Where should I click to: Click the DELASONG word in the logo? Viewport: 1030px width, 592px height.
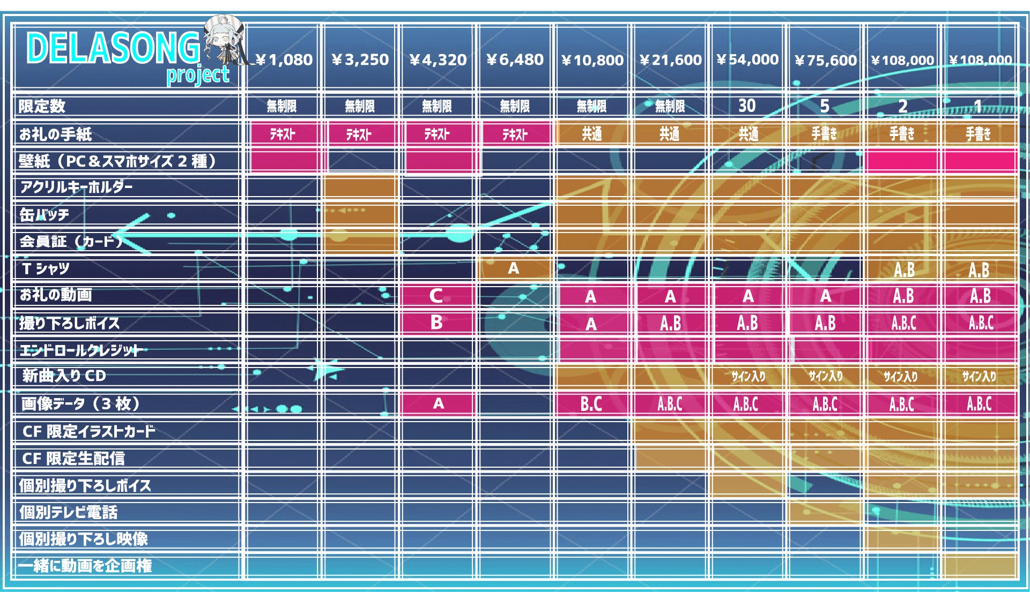[x=113, y=48]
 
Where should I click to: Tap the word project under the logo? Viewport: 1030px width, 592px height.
[x=197, y=75]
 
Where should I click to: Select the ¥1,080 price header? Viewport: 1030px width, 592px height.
[x=284, y=59]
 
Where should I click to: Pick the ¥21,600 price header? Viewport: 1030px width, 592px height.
[x=670, y=59]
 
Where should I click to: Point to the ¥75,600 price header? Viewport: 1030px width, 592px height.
[x=825, y=60]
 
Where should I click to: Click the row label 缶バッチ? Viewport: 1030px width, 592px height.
[x=45, y=215]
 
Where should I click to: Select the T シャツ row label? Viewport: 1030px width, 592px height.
[x=46, y=268]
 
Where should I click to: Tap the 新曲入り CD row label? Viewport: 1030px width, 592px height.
[x=64, y=376]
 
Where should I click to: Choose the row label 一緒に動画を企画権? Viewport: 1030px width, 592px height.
[x=85, y=566]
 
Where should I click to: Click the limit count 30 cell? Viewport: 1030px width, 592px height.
[x=747, y=106]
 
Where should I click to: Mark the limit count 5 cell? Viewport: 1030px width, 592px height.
[x=825, y=106]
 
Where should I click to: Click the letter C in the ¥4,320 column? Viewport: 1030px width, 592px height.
[x=436, y=296]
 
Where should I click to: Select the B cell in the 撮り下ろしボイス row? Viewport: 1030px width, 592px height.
[x=436, y=323]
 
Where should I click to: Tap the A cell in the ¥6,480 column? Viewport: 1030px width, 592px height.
[x=514, y=268]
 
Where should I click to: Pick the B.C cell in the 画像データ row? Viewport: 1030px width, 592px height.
[x=591, y=403]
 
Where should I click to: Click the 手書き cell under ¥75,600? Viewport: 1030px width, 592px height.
[x=824, y=133]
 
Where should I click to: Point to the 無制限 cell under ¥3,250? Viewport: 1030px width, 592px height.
[x=360, y=106]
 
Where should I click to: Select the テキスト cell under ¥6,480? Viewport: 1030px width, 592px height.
[x=515, y=134]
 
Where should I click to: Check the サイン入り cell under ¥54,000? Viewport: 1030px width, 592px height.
[x=748, y=377]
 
